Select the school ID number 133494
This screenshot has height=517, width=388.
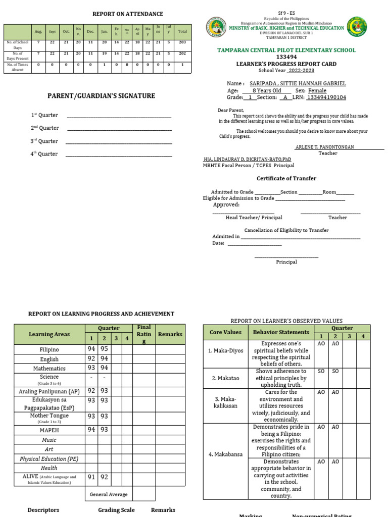[x=286, y=57]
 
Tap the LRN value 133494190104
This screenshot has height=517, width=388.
[x=327, y=97]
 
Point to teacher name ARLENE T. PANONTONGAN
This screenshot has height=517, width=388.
[x=325, y=146]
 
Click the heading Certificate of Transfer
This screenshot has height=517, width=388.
[x=286, y=178]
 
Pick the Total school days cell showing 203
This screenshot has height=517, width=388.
[x=182, y=43]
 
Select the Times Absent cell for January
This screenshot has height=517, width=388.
[x=104, y=65]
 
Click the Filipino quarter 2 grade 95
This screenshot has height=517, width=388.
[x=104, y=349]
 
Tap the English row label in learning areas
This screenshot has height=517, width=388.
[x=50, y=359]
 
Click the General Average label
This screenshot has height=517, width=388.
[x=109, y=494]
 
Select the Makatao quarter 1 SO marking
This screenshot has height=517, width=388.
[x=321, y=371]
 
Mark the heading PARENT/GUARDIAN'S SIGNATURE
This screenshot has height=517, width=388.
[x=101, y=96]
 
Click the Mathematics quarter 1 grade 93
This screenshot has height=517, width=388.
[x=91, y=368]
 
